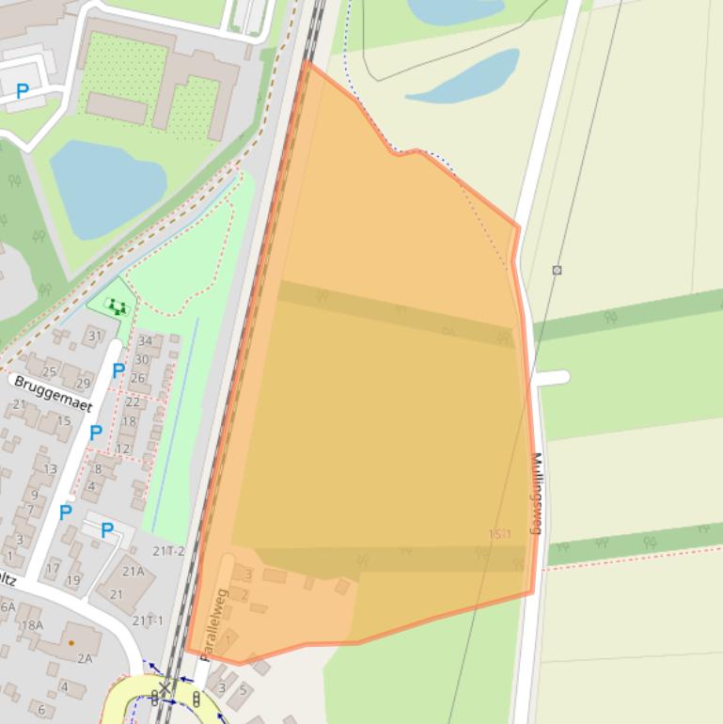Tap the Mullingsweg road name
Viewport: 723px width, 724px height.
point(537,494)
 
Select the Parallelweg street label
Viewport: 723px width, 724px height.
point(213,622)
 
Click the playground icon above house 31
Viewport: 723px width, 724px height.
point(117,306)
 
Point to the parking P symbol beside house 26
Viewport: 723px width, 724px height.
point(118,371)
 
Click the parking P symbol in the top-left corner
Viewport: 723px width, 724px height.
point(23,91)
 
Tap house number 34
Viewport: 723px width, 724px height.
point(144,341)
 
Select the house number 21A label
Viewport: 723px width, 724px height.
point(134,571)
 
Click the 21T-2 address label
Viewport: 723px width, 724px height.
point(169,550)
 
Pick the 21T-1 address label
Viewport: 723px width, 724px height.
point(148,620)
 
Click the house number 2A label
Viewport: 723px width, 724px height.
point(84,658)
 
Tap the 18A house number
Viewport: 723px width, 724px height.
point(32,624)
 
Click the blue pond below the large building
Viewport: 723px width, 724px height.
point(105,187)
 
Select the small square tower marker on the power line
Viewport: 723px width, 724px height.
point(557,270)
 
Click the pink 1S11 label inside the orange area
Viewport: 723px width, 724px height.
point(499,534)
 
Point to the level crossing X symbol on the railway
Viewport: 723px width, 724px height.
point(165,688)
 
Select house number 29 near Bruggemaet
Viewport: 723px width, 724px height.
point(83,383)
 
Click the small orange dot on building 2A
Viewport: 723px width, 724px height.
point(71,643)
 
